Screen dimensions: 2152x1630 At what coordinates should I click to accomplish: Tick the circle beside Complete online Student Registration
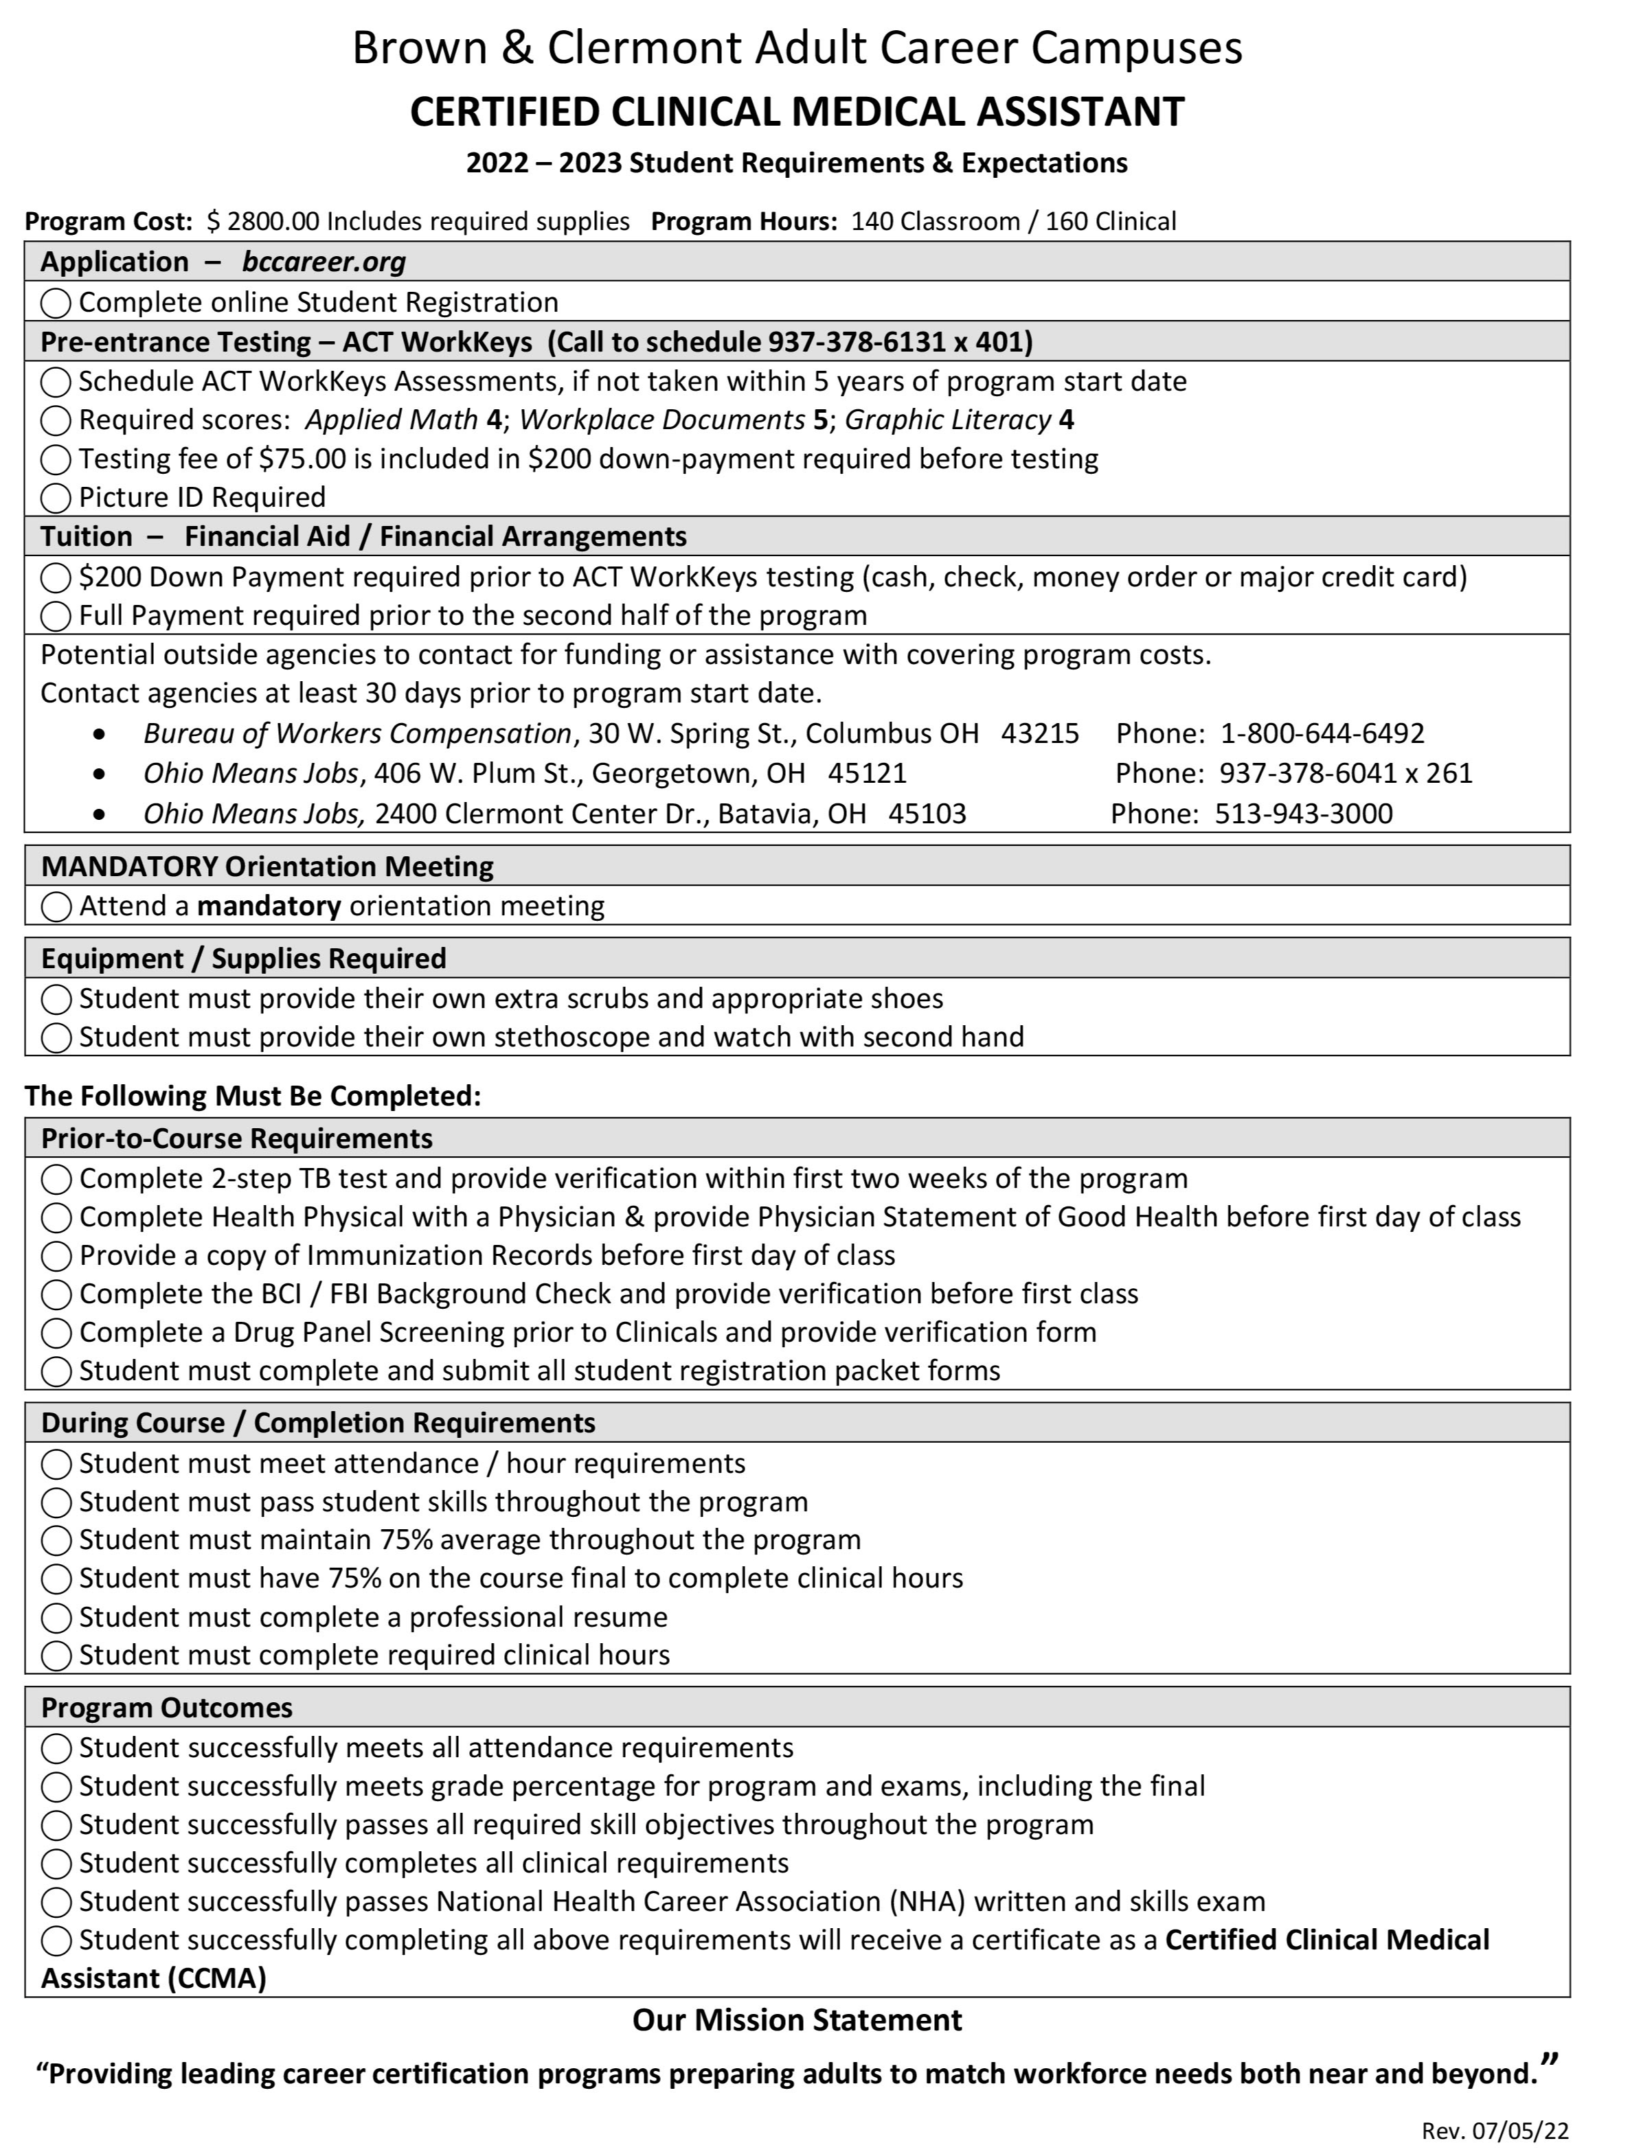click(x=56, y=304)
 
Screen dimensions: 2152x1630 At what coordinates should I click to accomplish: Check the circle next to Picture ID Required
click(x=56, y=498)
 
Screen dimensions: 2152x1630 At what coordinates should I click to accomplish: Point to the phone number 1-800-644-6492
click(x=1322, y=733)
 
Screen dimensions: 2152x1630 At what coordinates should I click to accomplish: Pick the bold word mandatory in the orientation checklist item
click(x=269, y=906)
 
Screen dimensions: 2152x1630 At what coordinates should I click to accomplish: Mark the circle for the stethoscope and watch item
click(x=56, y=1038)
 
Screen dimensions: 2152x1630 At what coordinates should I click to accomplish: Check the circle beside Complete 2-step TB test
click(x=56, y=1179)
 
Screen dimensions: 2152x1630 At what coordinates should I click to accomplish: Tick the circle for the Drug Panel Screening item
click(x=56, y=1333)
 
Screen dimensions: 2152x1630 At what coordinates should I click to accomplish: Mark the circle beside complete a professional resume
click(x=56, y=1618)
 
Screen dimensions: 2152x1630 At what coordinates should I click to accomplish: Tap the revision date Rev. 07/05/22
click(x=1495, y=2131)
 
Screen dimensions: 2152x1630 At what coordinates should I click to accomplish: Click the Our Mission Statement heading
click(x=797, y=2019)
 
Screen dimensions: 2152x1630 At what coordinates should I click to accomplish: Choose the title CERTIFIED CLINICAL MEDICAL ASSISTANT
click(x=797, y=111)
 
